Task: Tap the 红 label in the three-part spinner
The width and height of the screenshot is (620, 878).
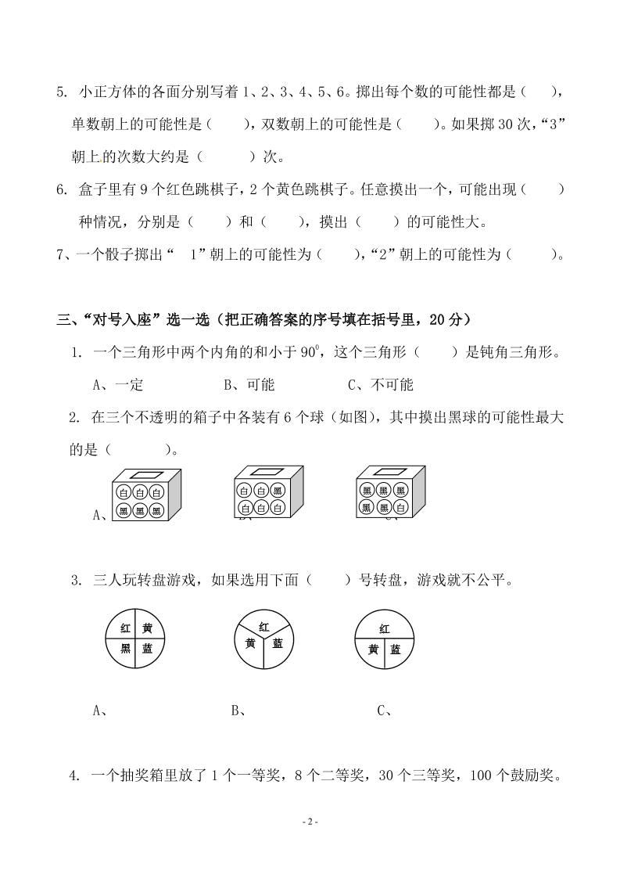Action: (x=264, y=627)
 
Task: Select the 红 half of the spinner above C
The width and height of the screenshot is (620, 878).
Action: (x=384, y=628)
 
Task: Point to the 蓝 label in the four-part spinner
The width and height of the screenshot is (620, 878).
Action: (x=147, y=648)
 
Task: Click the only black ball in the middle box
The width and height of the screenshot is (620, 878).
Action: (x=278, y=491)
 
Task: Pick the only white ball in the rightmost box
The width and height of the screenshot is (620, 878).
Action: (x=400, y=508)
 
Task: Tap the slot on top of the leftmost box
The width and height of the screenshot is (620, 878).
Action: (x=145, y=474)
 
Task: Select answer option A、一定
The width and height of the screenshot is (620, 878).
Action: (x=118, y=384)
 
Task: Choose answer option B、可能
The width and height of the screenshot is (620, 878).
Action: (x=249, y=384)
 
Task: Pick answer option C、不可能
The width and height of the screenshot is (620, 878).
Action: (x=380, y=384)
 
